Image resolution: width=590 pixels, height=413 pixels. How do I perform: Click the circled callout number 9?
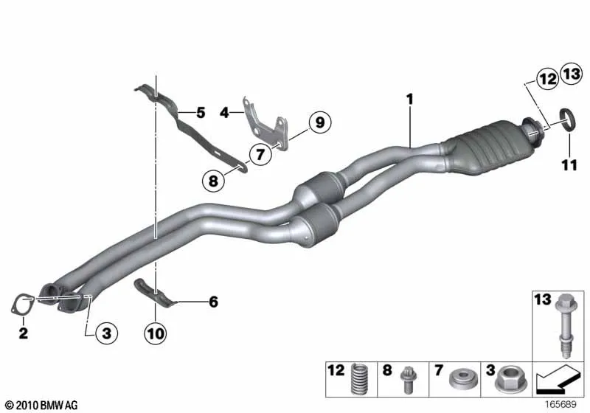[320, 122]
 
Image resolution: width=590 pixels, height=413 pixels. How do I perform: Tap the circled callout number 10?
[156, 333]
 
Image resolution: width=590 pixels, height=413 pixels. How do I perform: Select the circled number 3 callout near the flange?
[106, 333]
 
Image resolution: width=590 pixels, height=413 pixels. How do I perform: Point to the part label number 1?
[410, 100]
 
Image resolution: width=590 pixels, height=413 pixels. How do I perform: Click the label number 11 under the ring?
[569, 164]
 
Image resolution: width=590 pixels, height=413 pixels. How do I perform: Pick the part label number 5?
[201, 112]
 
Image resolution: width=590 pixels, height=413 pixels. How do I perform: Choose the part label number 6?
[213, 302]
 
